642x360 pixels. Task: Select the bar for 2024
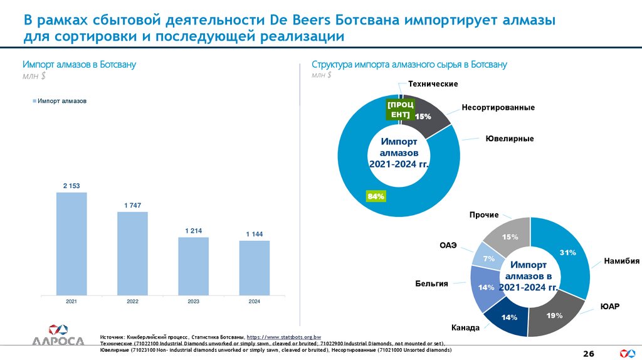[x=254, y=268]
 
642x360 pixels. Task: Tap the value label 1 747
[x=132, y=206]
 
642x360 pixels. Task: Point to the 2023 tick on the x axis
[x=193, y=302]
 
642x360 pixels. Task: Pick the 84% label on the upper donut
[x=376, y=197]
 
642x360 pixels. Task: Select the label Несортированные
[x=498, y=108]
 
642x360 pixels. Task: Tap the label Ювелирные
[x=510, y=138]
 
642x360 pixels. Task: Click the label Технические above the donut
[x=433, y=84]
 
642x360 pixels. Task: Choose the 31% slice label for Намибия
[x=568, y=252]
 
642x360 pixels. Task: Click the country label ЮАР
[x=609, y=307]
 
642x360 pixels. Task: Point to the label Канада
[x=465, y=328]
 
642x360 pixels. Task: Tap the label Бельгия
[x=431, y=284]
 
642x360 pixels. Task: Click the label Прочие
[x=484, y=215]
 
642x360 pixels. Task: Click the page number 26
[x=588, y=354]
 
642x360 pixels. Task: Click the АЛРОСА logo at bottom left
[x=58, y=336]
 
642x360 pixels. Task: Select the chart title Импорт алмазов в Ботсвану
[x=79, y=65]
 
